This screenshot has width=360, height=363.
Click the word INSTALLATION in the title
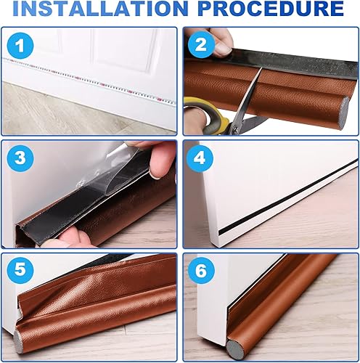101,9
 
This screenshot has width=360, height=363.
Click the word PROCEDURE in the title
271,9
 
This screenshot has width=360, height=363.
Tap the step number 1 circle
20,46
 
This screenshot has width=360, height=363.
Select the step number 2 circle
201,44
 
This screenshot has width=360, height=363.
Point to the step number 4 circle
200,158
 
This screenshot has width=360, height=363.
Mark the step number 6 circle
201,271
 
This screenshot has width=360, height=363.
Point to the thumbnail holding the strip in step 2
223,49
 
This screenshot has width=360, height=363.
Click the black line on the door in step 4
288,197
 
